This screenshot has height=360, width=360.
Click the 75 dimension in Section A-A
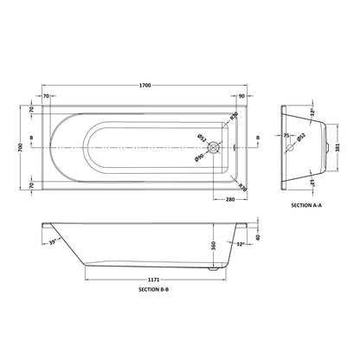[286, 136]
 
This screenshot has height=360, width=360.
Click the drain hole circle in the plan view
[221, 145]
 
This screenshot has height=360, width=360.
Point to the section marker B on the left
[32, 138]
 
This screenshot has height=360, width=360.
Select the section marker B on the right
[257, 138]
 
